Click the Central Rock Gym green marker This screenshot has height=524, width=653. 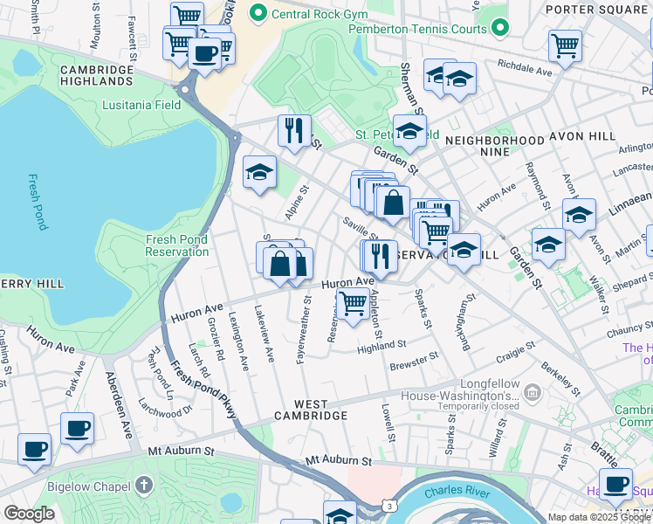pyautogui.click(x=258, y=13)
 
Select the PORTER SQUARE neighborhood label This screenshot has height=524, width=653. pyautogui.click(x=597, y=10)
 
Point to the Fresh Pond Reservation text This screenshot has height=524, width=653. pyautogui.click(x=177, y=245)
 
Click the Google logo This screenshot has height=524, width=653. pyautogui.click(x=29, y=514)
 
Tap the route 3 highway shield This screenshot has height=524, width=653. pyautogui.click(x=388, y=507)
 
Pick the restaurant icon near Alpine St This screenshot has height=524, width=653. pyautogui.click(x=294, y=130)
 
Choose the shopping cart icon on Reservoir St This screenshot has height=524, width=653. pyautogui.click(x=353, y=305)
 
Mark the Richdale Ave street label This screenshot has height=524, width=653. pyautogui.click(x=525, y=68)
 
